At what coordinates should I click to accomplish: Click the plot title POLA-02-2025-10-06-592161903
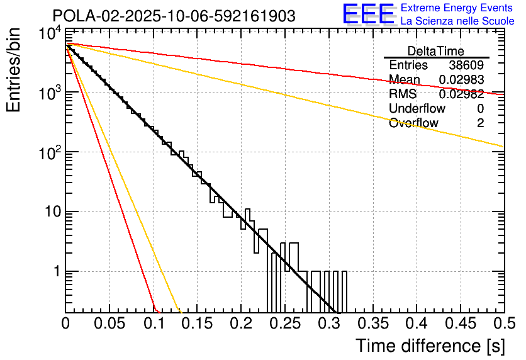[174, 16]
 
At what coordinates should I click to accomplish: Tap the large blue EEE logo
[368, 14]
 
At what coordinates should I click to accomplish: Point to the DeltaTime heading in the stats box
[436, 51]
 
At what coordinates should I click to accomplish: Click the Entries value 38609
[466, 65]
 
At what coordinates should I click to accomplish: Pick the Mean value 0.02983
[461, 80]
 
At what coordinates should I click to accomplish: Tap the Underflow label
[415, 109]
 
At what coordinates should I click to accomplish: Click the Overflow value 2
[480, 123]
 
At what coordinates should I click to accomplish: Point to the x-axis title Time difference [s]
[430, 346]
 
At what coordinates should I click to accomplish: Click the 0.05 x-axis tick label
[109, 324]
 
